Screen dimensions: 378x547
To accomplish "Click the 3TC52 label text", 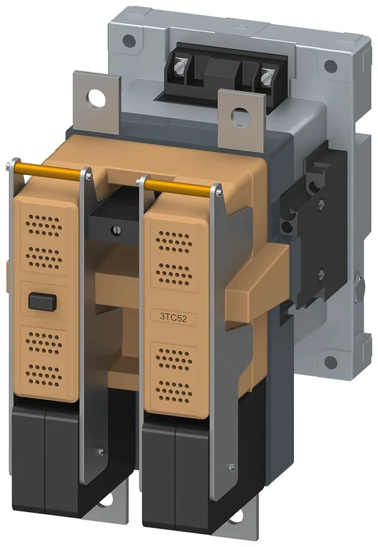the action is click(x=174, y=317).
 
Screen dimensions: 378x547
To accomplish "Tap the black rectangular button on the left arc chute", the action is click(x=42, y=302).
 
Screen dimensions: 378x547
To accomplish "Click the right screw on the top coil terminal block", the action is click(x=267, y=77).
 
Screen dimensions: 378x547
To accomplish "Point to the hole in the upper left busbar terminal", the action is click(x=96, y=98).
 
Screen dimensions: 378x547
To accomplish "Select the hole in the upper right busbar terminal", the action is click(x=241, y=116).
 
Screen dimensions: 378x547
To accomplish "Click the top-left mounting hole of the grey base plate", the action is click(x=129, y=41).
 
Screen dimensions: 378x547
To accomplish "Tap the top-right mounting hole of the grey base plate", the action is click(x=331, y=66).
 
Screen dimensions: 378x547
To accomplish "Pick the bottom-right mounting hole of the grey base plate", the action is click(x=331, y=362).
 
